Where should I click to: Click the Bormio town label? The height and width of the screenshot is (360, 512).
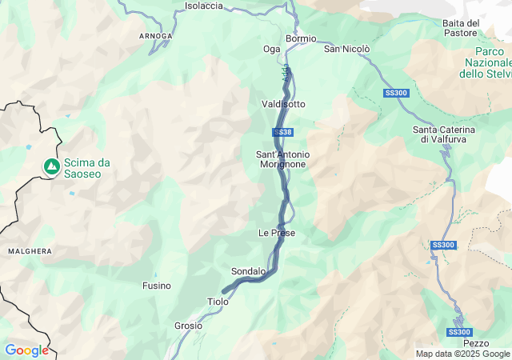(x=301, y=38)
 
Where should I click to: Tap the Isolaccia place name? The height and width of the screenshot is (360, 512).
(x=204, y=6)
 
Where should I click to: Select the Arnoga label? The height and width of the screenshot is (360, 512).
(x=154, y=36)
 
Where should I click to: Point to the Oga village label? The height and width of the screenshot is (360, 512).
(x=272, y=49)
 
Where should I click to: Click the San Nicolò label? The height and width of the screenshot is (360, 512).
(x=346, y=49)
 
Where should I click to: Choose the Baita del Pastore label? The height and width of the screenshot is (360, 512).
(x=461, y=28)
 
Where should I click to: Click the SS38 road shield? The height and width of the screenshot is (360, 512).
(x=282, y=132)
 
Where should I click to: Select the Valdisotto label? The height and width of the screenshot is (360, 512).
(x=283, y=104)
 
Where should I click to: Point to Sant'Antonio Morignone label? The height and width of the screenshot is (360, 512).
(x=282, y=158)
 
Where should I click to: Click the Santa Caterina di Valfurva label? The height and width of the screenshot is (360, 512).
(x=444, y=134)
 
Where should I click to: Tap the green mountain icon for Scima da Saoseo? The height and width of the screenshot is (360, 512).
(x=51, y=166)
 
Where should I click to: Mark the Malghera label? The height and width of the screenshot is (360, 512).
(x=30, y=251)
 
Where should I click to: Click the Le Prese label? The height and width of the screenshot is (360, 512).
(x=277, y=233)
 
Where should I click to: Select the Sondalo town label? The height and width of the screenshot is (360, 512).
(x=248, y=271)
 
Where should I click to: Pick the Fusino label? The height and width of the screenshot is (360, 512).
(x=156, y=286)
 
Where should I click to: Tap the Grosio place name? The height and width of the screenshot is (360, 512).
(x=188, y=326)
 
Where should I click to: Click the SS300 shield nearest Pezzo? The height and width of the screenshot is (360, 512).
(x=459, y=332)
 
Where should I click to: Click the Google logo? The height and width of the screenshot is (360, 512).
(x=26, y=350)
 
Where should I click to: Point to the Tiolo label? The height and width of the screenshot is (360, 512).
(x=218, y=302)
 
